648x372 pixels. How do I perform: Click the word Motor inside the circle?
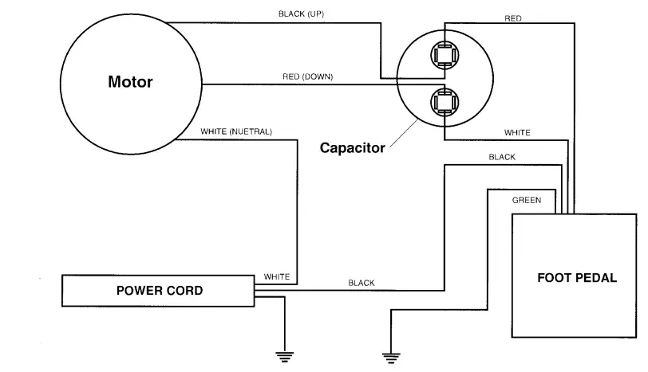pyautogui.click(x=130, y=82)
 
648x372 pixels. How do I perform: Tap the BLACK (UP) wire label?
pyautogui.click(x=302, y=14)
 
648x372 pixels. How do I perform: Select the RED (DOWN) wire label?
pyautogui.click(x=308, y=76)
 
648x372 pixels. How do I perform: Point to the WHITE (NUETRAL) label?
pyautogui.click(x=236, y=131)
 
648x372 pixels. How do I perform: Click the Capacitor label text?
pyautogui.click(x=353, y=147)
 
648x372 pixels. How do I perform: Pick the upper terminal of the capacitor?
pyautogui.click(x=445, y=55)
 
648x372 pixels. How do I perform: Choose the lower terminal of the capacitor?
pyautogui.click(x=445, y=102)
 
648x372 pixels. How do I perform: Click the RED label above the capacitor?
pyautogui.click(x=513, y=18)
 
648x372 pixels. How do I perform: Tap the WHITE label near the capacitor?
pyautogui.click(x=517, y=133)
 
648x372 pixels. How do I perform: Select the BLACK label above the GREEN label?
pyautogui.click(x=502, y=157)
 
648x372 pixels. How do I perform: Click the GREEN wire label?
pyautogui.click(x=527, y=200)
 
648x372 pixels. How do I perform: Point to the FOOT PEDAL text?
pyautogui.click(x=577, y=277)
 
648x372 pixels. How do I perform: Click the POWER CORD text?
pyautogui.click(x=160, y=291)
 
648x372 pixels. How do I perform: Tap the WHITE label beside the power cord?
pyautogui.click(x=277, y=276)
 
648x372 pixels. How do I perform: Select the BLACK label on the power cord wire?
pyautogui.click(x=362, y=283)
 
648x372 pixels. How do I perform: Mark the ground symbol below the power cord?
pyautogui.click(x=285, y=357)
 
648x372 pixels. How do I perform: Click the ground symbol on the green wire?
pyautogui.click(x=391, y=358)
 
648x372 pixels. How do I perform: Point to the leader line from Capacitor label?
pyautogui.click(x=404, y=133)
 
